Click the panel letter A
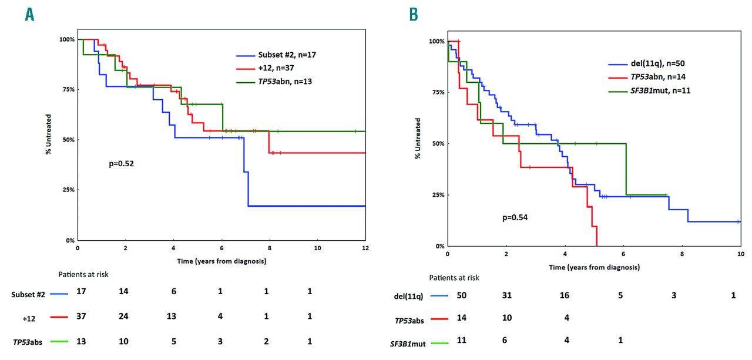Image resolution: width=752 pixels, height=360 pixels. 29,14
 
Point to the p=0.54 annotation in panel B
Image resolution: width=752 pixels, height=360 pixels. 515,217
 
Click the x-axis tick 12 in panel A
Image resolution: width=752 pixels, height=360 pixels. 365,248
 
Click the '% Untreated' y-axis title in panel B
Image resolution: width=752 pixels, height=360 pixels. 418,138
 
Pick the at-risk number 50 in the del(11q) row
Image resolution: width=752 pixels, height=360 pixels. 462,295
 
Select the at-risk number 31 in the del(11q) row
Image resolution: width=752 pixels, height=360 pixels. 506,295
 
